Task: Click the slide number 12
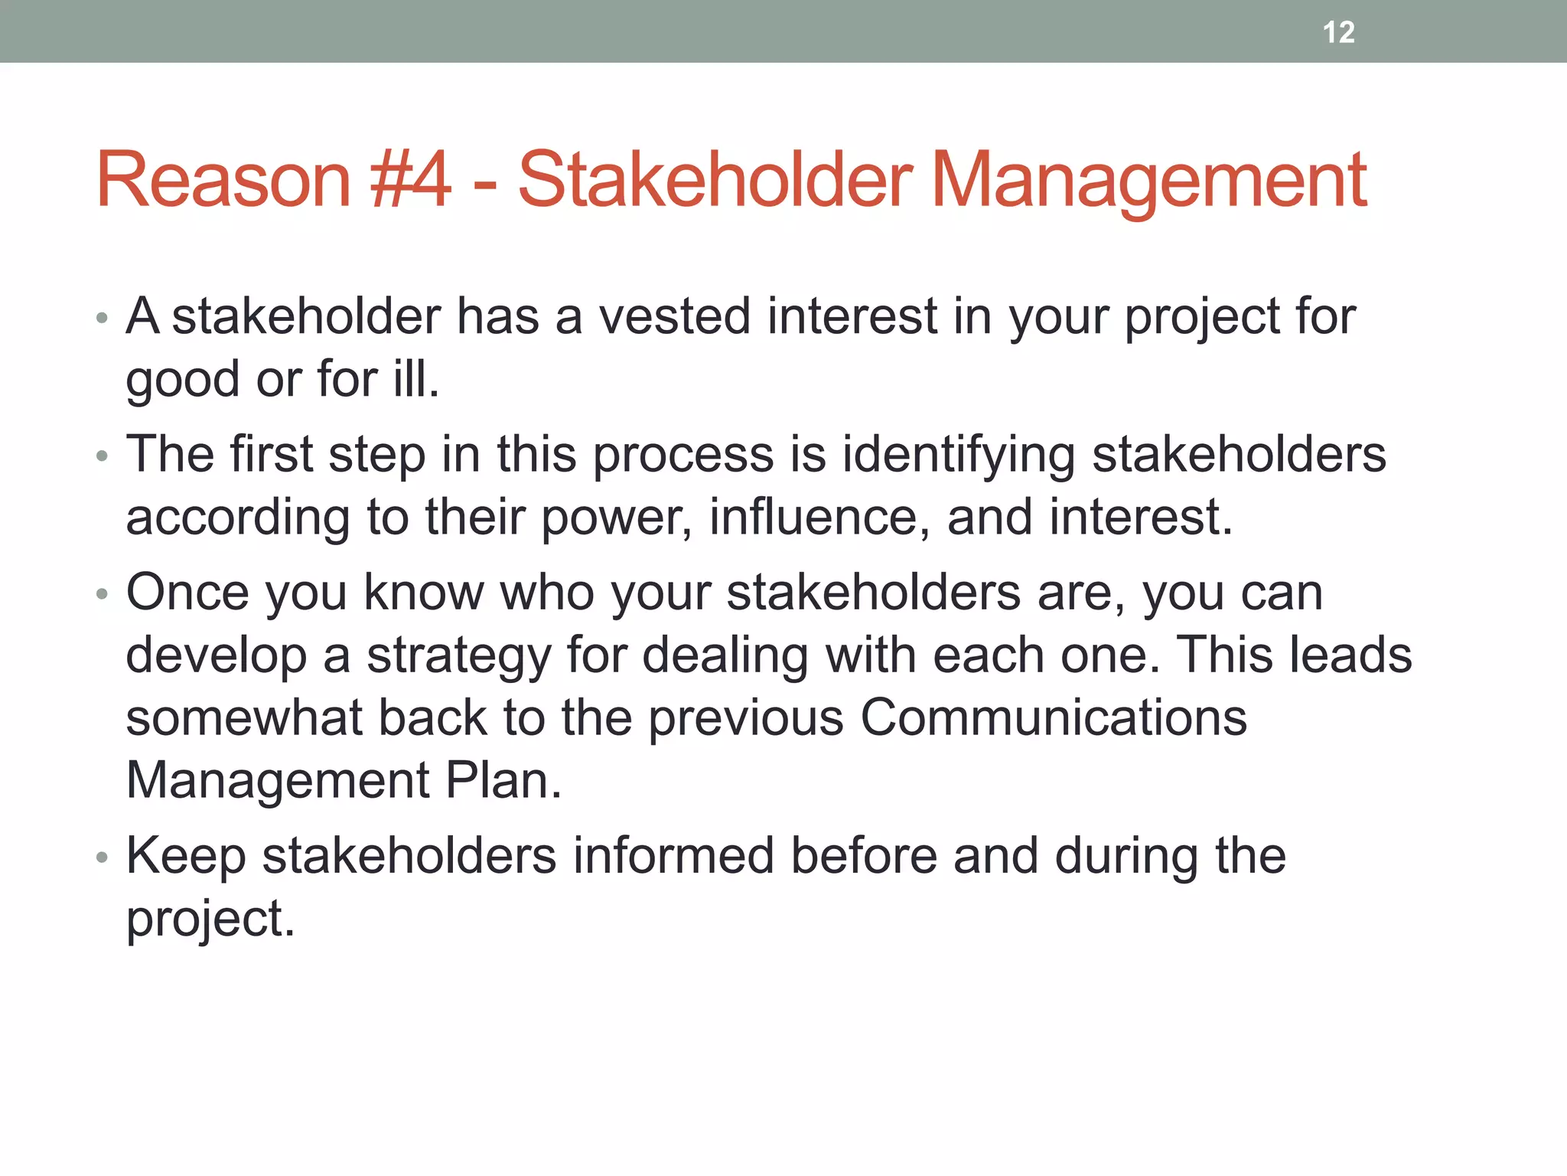1338,32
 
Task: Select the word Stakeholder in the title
715,180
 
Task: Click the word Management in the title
1148,180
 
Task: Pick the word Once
187,593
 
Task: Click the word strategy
458,657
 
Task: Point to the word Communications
1054,718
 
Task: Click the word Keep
186,856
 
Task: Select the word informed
673,855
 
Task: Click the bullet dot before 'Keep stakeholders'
103,857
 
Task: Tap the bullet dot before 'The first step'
103,456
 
